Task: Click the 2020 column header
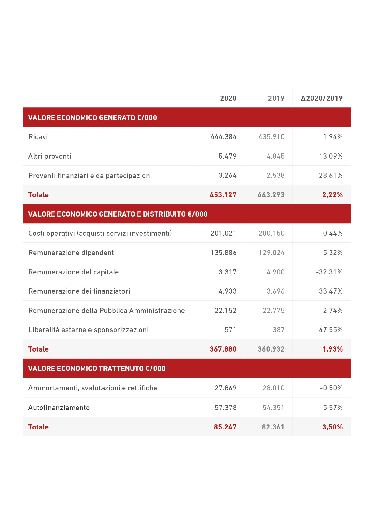228,98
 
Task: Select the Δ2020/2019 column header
321,98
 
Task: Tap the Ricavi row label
38,137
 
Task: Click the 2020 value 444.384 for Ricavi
223,137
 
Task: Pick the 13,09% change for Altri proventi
331,156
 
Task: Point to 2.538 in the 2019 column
275,175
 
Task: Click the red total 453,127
223,195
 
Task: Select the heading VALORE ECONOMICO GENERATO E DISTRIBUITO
118,214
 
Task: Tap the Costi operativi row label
100,233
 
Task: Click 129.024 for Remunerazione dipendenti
271,253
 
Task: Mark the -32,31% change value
329,272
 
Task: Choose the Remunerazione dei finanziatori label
79,291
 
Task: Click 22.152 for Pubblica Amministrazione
225,311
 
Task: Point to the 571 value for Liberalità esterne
230,330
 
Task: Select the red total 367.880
223,349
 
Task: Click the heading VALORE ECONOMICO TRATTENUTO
97,369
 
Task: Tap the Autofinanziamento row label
59,408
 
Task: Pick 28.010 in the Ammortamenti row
273,388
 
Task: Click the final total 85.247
225,427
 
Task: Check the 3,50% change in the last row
332,427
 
